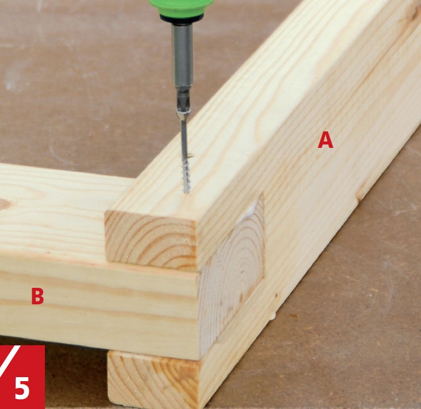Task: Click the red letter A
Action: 326,140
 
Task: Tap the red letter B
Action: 37,296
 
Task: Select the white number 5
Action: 22,389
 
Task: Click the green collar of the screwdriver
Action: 182,7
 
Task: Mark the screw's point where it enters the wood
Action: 186,192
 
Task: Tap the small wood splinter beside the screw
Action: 191,156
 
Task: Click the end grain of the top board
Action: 151,239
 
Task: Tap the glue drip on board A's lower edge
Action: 273,316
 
